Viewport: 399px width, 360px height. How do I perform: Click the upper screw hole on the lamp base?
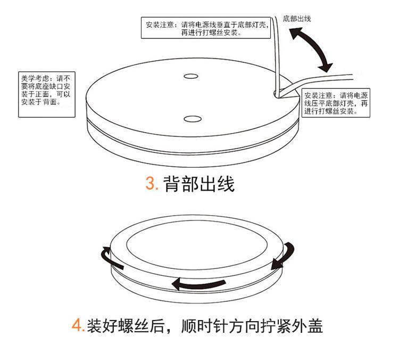click(192, 76)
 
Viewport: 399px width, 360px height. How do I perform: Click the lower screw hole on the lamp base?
click(192, 118)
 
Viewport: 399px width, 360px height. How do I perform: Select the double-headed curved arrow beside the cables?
click(312, 49)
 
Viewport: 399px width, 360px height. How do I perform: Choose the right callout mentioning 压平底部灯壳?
click(337, 102)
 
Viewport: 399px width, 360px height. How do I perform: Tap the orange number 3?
click(151, 184)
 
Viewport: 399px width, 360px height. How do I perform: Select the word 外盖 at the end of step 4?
click(310, 325)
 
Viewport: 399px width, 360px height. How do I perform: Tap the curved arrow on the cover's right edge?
click(282, 256)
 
